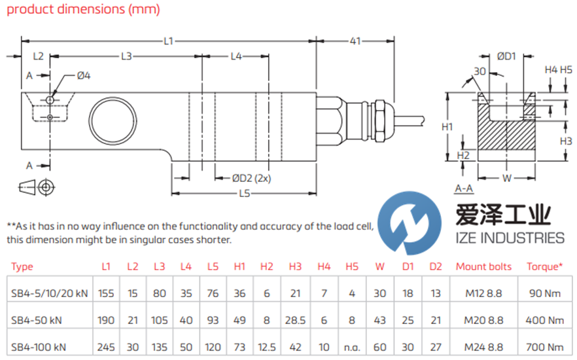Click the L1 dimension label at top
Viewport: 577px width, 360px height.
[x=168, y=41]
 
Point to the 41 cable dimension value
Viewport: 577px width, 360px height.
[x=355, y=41]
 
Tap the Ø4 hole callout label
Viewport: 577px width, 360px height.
[x=83, y=76]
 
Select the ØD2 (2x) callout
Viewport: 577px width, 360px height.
[x=252, y=178]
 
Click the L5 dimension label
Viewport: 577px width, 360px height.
[x=245, y=193]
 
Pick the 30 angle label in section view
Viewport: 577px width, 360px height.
[x=479, y=72]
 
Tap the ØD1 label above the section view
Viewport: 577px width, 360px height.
[x=506, y=57]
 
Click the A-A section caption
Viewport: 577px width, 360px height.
[x=463, y=189]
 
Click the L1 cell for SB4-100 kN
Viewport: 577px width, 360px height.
[x=106, y=346]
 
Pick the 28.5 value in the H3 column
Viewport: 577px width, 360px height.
[x=295, y=320]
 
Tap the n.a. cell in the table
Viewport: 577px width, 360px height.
[x=352, y=346]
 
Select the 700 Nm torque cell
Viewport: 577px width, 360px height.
[x=545, y=346]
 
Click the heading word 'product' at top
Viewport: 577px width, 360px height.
[x=27, y=10]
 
